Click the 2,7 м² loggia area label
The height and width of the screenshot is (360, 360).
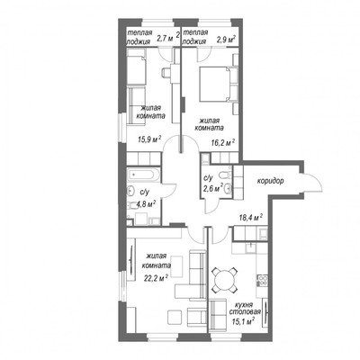click(x=168, y=37)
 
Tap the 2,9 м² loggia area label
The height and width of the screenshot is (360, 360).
click(x=226, y=40)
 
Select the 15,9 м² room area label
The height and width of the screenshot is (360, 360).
click(x=149, y=139)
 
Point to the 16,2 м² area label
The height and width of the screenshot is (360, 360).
click(x=222, y=143)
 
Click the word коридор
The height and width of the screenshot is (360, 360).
click(x=270, y=181)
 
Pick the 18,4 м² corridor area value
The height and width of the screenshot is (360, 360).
click(x=251, y=217)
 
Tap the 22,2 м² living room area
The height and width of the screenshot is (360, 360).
click(x=156, y=278)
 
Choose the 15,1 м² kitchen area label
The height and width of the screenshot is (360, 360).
click(x=243, y=321)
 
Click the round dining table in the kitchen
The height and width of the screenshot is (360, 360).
click(x=225, y=281)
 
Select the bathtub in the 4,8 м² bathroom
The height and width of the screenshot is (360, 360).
click(x=143, y=175)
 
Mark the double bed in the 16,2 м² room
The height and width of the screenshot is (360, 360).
click(x=218, y=85)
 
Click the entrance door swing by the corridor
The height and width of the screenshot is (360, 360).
click(x=313, y=184)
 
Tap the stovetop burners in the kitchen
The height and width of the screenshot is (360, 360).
click(x=263, y=281)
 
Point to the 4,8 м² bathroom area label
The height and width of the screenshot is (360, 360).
click(x=146, y=204)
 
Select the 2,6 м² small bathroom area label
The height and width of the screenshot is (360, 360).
click(x=213, y=189)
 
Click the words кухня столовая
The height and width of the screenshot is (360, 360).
click(x=245, y=308)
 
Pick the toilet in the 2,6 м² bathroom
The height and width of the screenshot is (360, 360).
click(x=225, y=175)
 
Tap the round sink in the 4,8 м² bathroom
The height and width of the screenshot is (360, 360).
click(x=131, y=191)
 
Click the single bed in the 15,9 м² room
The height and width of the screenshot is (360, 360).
click(x=137, y=67)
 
